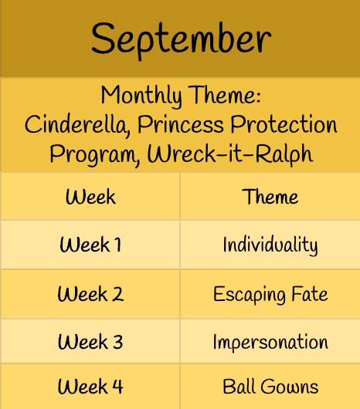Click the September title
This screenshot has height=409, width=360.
click(182, 39)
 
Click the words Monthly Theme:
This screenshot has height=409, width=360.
click(181, 96)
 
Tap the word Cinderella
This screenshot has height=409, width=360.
click(77, 126)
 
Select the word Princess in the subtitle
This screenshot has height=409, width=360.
click(181, 125)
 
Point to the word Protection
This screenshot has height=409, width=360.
click(284, 124)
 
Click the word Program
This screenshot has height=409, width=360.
click(95, 154)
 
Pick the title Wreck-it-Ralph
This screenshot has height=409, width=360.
click(230, 154)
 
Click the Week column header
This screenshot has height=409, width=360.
click(90, 197)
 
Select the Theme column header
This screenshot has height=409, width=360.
click(270, 197)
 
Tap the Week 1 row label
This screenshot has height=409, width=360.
click(90, 245)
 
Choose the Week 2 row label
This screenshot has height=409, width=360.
click(90, 294)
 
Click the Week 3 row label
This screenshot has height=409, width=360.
click(90, 341)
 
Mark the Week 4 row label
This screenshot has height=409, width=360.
click(90, 387)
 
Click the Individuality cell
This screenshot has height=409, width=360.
click(270, 245)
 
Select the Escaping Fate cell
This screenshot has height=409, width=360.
click(270, 295)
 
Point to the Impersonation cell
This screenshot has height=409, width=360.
click(270, 342)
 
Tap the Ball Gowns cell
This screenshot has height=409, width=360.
click(270, 386)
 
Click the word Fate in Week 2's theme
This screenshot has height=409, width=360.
click(309, 294)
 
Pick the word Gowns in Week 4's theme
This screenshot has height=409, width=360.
click(290, 387)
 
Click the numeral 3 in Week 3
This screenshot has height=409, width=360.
click(117, 342)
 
